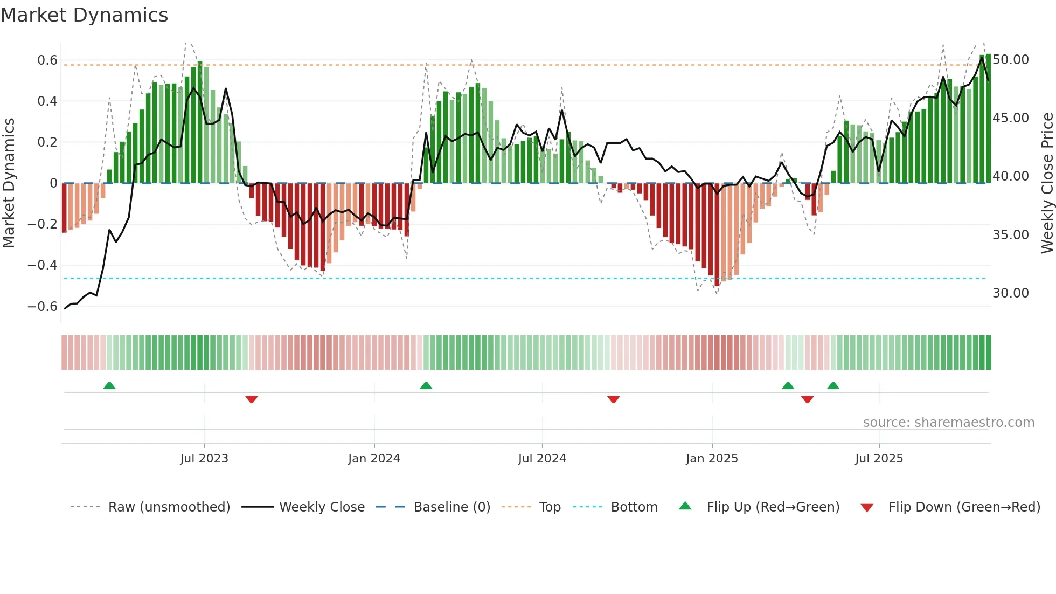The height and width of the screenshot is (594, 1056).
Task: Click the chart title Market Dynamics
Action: [x=84, y=15]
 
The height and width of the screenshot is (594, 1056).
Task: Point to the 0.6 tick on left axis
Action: [x=47, y=60]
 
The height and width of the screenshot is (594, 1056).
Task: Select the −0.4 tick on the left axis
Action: [x=43, y=265]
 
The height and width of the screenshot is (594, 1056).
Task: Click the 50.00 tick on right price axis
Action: [x=1011, y=60]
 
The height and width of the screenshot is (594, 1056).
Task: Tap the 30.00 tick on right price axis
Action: [x=1011, y=293]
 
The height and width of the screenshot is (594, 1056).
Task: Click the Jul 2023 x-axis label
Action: [x=204, y=459]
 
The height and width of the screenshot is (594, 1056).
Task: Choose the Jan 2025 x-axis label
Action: [x=712, y=459]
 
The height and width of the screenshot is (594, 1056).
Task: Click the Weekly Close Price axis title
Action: [x=1047, y=183]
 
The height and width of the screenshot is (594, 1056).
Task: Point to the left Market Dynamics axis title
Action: [x=9, y=183]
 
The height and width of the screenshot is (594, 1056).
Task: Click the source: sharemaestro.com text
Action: [x=948, y=423]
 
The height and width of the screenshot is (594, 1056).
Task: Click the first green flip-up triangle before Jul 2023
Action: [x=109, y=386]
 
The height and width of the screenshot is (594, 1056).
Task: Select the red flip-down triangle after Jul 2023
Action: [x=252, y=399]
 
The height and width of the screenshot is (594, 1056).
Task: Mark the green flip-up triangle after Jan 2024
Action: [x=426, y=386]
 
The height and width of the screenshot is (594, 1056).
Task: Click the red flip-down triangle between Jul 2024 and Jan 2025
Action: [x=614, y=399]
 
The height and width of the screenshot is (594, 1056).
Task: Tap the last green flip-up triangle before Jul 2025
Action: [x=833, y=386]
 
